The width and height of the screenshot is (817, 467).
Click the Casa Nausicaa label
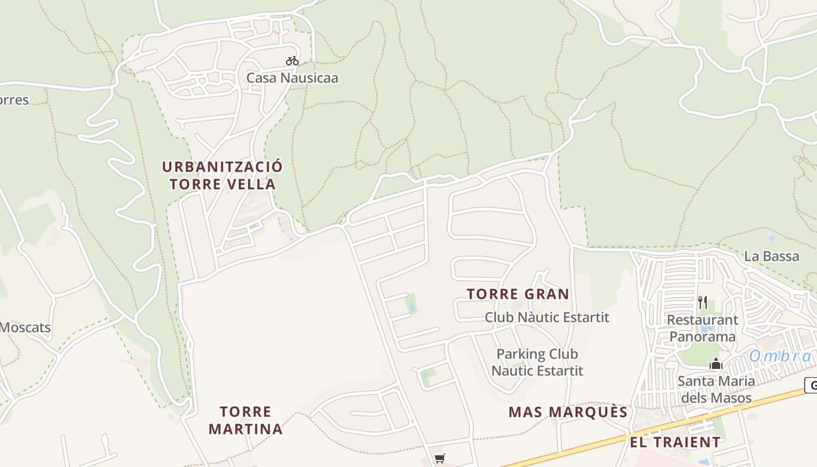pyautogui.click(x=292, y=78)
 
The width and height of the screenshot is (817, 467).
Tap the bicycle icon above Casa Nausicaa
pyautogui.click(x=292, y=61)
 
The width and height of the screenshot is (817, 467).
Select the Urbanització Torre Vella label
pyautogui.click(x=222, y=175)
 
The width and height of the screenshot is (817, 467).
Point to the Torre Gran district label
pyautogui.click(x=518, y=294)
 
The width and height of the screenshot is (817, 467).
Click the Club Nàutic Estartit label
pyautogui.click(x=547, y=317)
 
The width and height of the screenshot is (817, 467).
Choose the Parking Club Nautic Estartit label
pyautogui.click(x=537, y=362)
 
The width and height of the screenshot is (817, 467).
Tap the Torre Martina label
pyautogui.click(x=245, y=420)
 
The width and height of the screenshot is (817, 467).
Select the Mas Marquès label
pyautogui.click(x=568, y=412)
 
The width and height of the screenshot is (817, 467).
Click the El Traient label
pyautogui.click(x=675, y=442)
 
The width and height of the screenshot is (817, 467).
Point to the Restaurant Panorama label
pyautogui.click(x=703, y=328)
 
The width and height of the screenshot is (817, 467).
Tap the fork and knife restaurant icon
pyautogui.click(x=703, y=302)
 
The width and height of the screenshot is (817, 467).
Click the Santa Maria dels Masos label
pyautogui.click(x=716, y=389)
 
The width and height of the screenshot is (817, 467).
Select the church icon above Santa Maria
pyautogui.click(x=716, y=365)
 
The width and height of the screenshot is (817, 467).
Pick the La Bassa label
pyautogui.click(x=771, y=256)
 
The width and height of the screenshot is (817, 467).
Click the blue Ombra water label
pyautogui.click(x=780, y=356)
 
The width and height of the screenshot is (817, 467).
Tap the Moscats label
pyautogui.click(x=25, y=327)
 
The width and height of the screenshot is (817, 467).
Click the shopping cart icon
pyautogui.click(x=439, y=459)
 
